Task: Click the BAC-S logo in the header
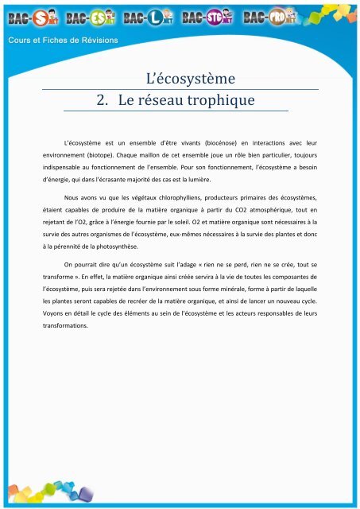29,17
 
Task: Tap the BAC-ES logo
88,17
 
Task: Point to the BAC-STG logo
206,17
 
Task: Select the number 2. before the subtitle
102,101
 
